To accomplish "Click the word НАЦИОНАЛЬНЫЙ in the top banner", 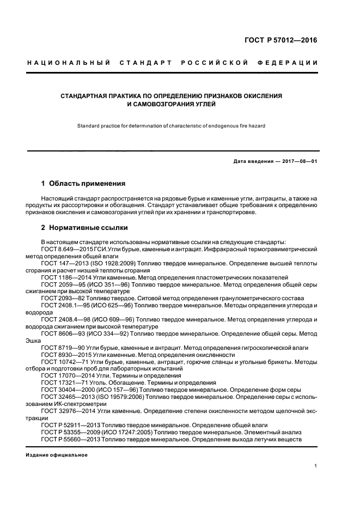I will pos(69,63).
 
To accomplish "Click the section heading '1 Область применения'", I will pos(83,184).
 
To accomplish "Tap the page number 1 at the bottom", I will pos(316,466).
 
